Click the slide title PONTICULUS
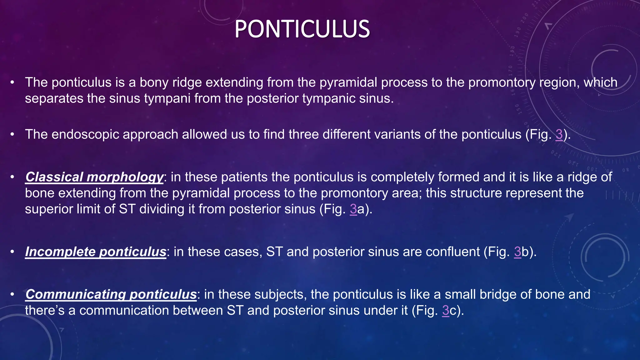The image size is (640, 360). (x=302, y=29)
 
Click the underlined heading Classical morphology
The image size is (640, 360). (x=94, y=177)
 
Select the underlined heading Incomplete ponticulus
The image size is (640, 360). (x=95, y=252)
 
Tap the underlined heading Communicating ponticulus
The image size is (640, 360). (x=111, y=294)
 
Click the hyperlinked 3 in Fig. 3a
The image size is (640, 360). (x=353, y=209)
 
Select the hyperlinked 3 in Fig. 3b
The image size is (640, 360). (x=517, y=252)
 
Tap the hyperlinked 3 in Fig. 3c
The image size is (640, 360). (x=445, y=311)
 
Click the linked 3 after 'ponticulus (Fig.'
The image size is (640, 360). (x=559, y=134)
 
